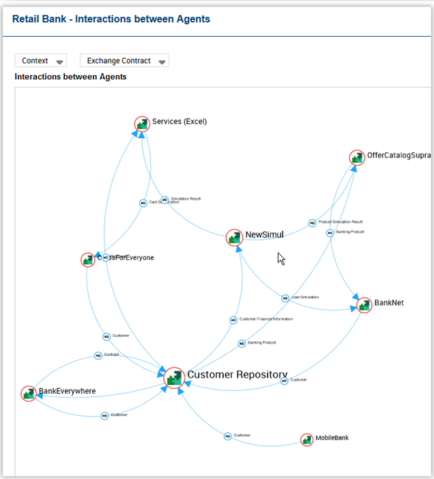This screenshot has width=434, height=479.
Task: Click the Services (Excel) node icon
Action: (142, 124)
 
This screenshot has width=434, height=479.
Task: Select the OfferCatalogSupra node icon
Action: (357, 158)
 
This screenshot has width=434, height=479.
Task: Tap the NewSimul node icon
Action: (234, 237)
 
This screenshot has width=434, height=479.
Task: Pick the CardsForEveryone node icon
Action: (87, 259)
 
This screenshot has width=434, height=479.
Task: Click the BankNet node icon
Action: (364, 304)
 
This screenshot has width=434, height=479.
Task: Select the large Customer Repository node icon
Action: (175, 377)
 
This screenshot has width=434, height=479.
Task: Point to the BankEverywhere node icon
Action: (29, 393)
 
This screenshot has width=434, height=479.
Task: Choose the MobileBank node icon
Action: (307, 439)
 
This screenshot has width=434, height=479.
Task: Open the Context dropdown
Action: (40, 61)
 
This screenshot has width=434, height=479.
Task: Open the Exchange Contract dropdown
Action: (124, 61)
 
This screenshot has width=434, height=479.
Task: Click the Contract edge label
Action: (111, 355)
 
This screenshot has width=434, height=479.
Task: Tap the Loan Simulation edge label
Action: (304, 297)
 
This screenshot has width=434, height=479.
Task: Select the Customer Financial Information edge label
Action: (265, 319)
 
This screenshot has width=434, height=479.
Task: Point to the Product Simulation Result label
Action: (340, 222)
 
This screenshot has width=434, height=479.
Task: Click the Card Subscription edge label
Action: (164, 202)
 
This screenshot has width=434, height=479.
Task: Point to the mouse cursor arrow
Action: (280, 258)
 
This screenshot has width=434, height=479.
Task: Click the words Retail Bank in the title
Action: (39, 19)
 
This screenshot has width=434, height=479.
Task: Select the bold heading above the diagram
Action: (70, 77)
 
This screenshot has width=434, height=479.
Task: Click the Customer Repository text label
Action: (237, 375)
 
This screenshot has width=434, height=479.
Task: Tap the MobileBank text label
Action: (332, 437)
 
